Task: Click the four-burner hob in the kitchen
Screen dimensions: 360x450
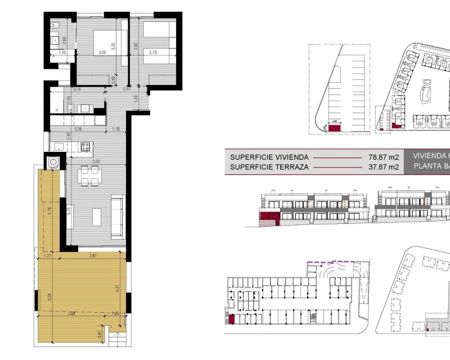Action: coord(87,147)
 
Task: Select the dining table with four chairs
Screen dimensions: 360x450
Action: coord(89,175)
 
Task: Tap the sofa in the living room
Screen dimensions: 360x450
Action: coord(118,217)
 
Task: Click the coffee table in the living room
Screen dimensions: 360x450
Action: coord(97,217)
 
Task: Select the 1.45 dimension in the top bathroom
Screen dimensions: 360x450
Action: coord(62,53)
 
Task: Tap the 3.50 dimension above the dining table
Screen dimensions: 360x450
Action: coord(96,162)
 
